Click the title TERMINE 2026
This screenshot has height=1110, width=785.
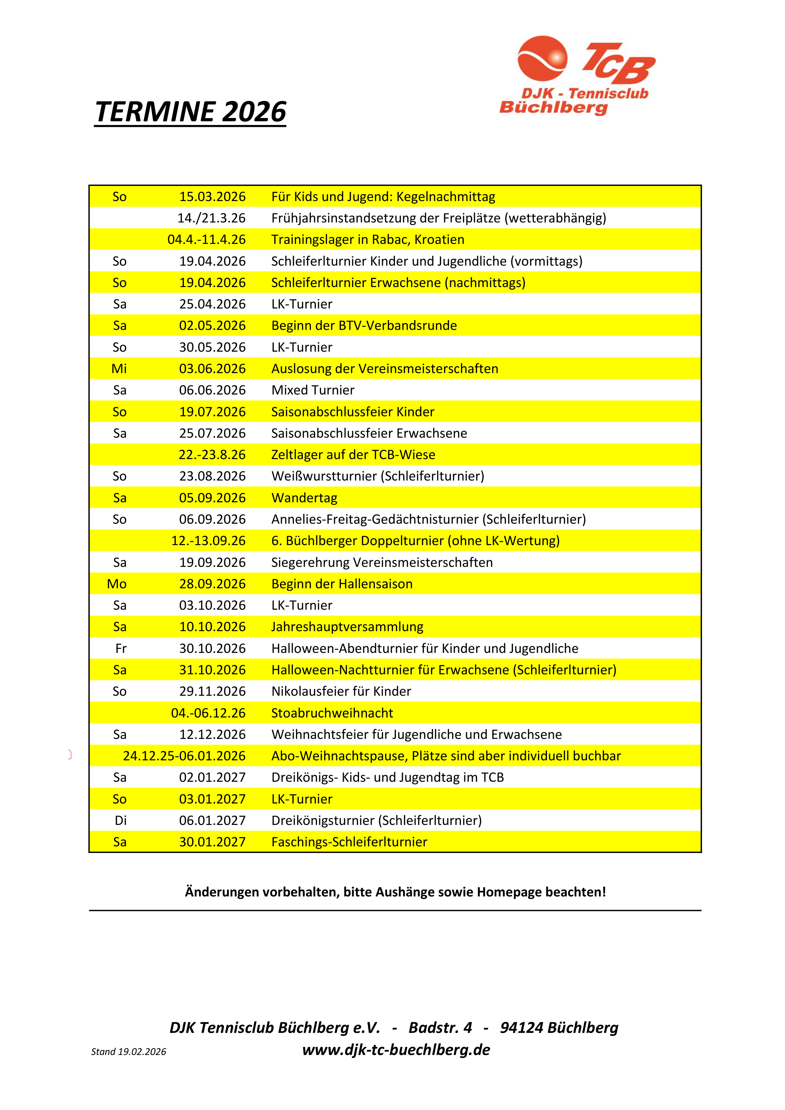[191, 112]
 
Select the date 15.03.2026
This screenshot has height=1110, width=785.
[212, 197]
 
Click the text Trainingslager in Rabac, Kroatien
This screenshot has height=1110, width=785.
[368, 240]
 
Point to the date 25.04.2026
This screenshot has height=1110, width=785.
[212, 304]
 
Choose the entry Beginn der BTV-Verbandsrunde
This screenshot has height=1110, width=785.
[364, 326]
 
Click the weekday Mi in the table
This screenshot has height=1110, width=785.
[119, 369]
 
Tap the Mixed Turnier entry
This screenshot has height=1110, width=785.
[313, 390]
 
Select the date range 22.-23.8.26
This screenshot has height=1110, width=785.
[212, 455]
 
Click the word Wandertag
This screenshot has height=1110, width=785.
[304, 498]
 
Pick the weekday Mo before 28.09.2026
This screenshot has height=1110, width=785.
[117, 584]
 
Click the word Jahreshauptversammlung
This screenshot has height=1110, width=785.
[347, 627]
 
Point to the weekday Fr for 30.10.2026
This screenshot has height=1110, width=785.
[121, 649]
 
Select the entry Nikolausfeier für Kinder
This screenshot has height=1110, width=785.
[341, 692]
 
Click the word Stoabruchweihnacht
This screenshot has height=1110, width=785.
[332, 713]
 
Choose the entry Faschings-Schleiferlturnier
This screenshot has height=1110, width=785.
[349, 842]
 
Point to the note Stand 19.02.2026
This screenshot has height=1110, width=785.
[129, 1052]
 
